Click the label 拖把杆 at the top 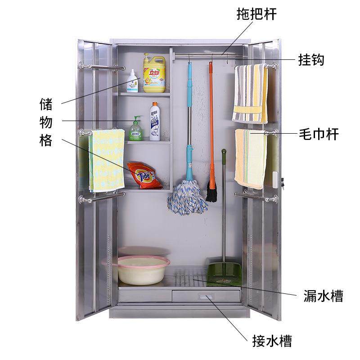[256, 14]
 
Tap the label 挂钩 [311, 60]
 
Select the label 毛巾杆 [318, 134]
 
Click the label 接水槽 [272, 341]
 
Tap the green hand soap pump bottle [136, 129]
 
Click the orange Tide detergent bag [144, 175]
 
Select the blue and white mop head [187, 197]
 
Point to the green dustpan [224, 273]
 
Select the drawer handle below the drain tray [207, 297]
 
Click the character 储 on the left [46, 104]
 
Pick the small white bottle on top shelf [132, 81]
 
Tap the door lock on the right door [282, 182]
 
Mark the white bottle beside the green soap [155, 122]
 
